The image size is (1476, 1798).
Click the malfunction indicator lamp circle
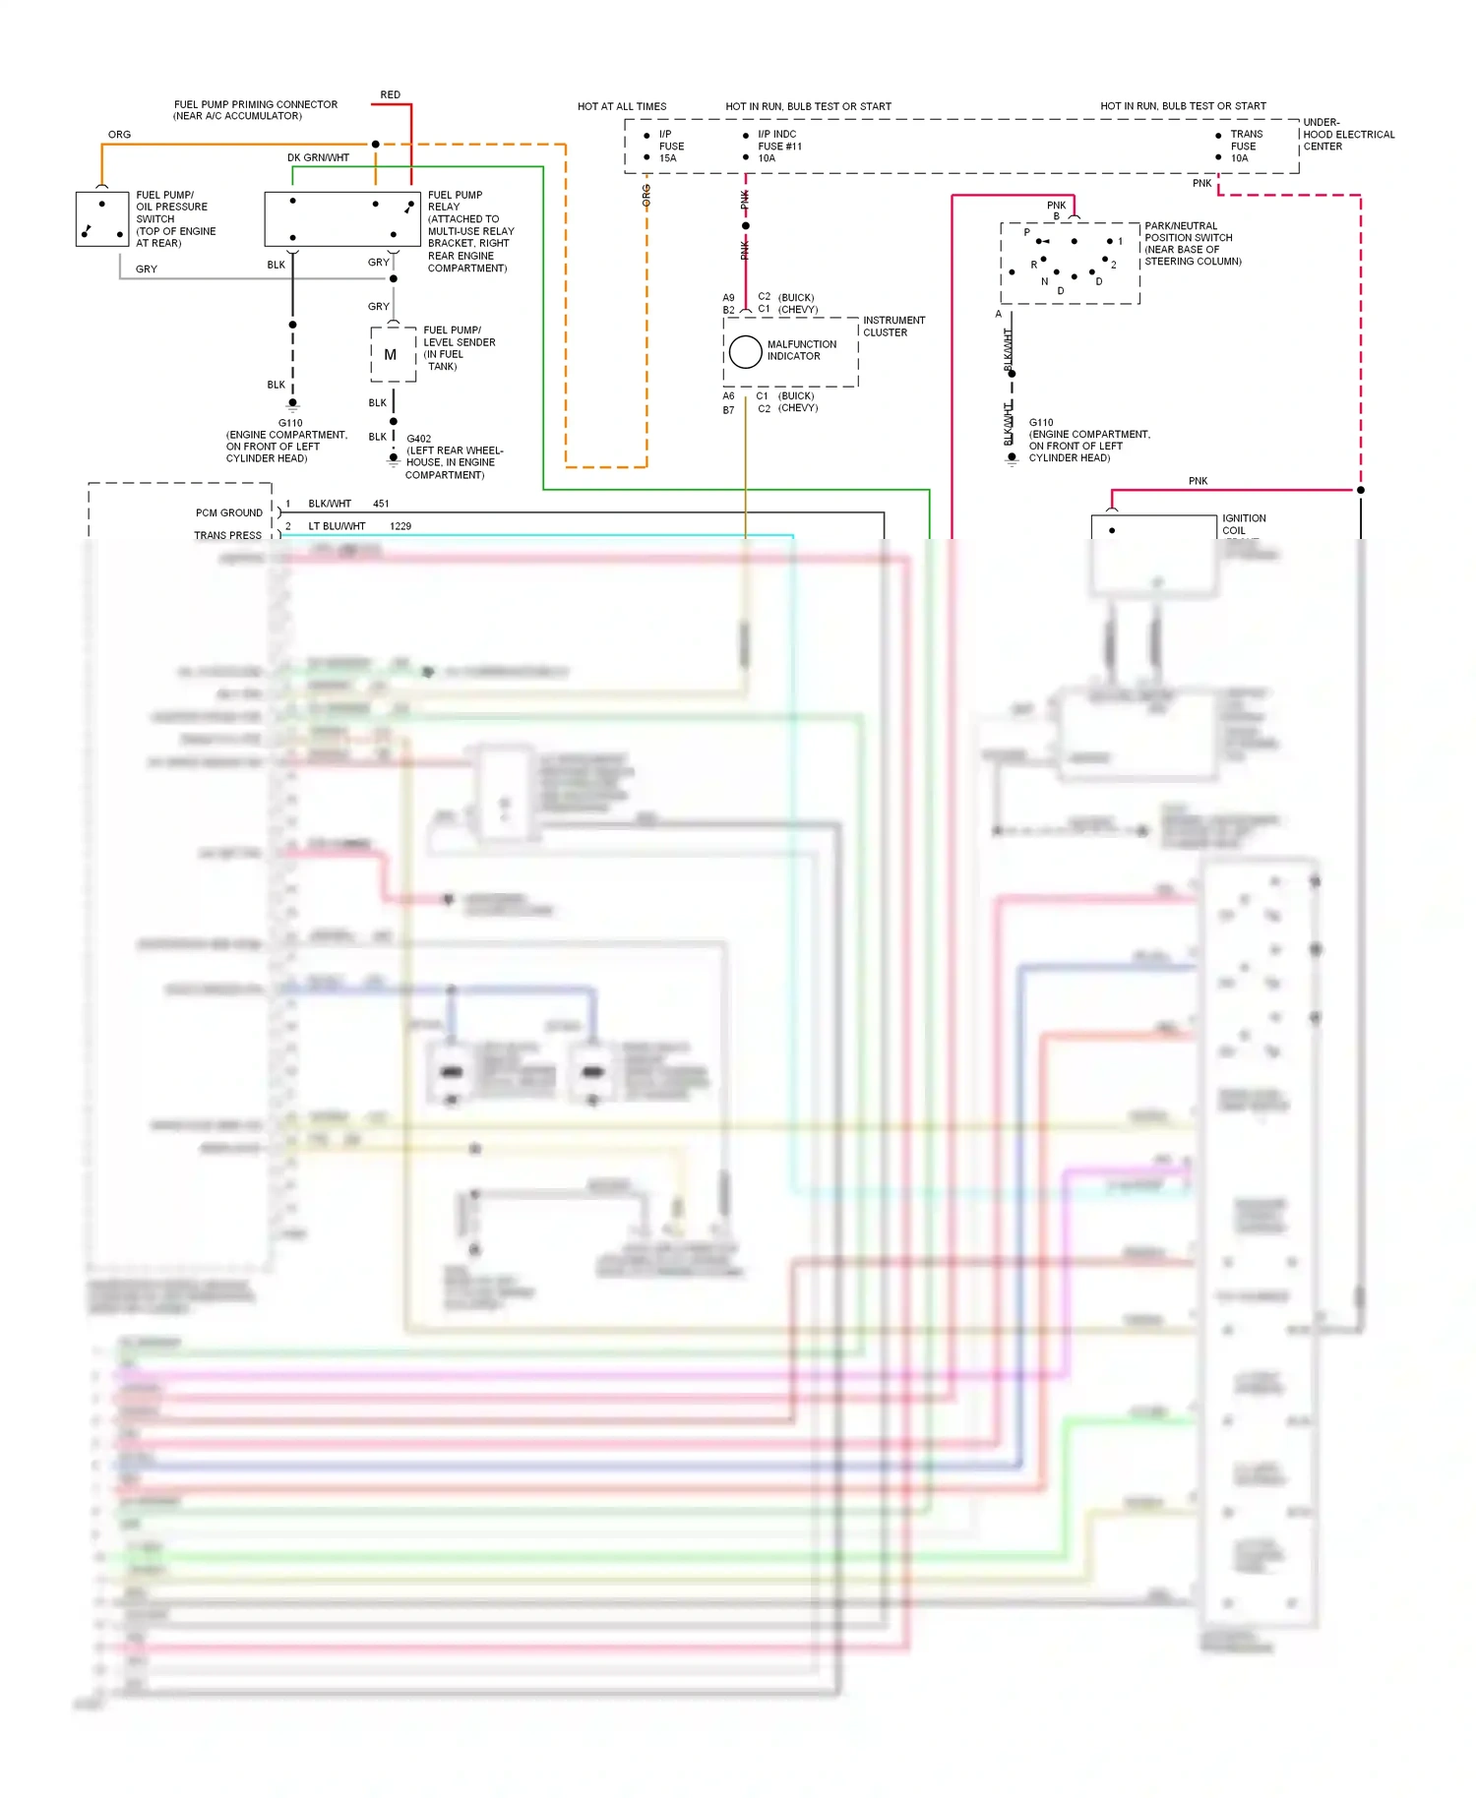click(x=745, y=351)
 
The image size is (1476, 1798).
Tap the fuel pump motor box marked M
click(x=392, y=355)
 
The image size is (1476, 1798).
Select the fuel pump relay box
click(x=341, y=218)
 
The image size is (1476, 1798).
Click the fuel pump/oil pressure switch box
click(x=102, y=218)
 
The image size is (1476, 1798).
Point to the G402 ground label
click(x=419, y=439)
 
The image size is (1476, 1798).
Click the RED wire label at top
click(x=391, y=95)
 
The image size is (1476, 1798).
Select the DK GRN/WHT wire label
click(x=318, y=157)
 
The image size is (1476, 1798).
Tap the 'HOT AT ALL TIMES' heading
click(x=622, y=106)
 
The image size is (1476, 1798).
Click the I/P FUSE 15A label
click(x=671, y=146)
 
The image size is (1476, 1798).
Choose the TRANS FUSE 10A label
click(x=1245, y=146)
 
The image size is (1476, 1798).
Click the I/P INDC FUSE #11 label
click(x=779, y=146)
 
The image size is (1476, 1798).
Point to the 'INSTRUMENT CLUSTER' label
click(x=893, y=327)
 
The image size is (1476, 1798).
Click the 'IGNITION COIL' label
click(x=1244, y=523)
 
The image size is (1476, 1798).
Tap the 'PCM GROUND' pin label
click(x=228, y=512)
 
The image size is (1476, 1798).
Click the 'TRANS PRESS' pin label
click(x=227, y=535)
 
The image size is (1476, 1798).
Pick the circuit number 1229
click(x=400, y=526)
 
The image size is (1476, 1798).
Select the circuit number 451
click(x=381, y=504)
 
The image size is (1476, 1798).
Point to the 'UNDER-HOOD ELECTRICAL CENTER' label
click(x=1348, y=135)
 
